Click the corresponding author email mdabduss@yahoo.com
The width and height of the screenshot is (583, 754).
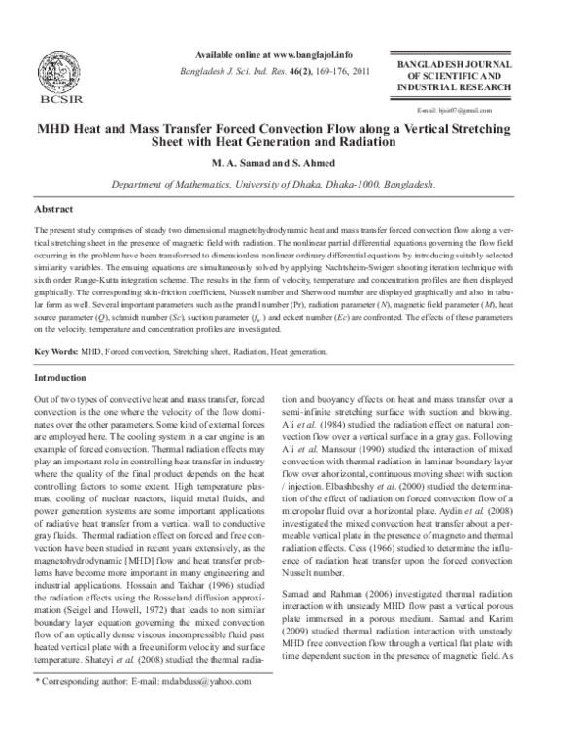click(x=182, y=737)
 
